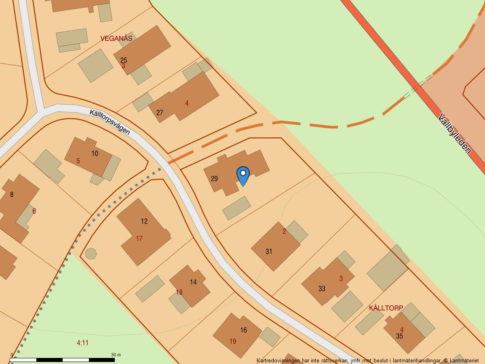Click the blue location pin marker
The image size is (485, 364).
point(243,175)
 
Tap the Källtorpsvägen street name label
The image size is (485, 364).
point(110,122)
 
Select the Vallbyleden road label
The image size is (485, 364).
point(455,133)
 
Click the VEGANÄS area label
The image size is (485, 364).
point(116,38)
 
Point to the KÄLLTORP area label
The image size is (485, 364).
point(386,308)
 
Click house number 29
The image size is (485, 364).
point(214,179)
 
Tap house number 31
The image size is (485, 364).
point(269,252)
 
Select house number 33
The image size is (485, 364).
point(322,289)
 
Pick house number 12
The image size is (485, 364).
point(144,221)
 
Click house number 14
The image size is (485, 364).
point(193,282)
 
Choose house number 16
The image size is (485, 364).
point(243,330)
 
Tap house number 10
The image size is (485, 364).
point(95,153)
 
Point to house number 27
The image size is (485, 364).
point(160,113)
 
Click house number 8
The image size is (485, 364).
point(12,195)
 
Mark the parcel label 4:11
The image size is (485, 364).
point(82,343)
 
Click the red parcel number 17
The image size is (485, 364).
point(139,239)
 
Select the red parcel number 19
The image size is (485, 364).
point(233,342)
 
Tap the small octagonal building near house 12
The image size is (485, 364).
point(91,254)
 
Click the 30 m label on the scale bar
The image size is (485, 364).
point(116,355)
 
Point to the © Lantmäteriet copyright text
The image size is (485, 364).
point(461,360)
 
